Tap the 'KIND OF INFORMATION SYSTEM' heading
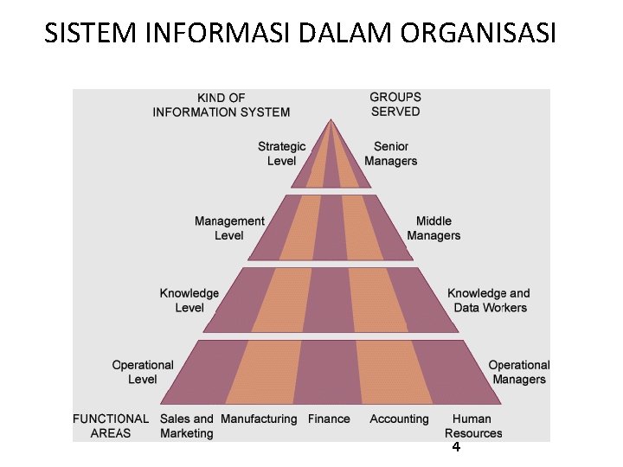222,105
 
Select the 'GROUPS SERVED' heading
395,105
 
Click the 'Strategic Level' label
281,154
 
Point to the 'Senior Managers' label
391,154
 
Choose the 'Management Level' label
229,228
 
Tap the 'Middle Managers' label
434,228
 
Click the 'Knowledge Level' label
189,301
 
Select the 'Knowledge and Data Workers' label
489,301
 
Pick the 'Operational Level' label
143,372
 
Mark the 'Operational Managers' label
519,372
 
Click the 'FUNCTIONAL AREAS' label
111,425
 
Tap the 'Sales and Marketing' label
186,425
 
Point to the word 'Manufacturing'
259,419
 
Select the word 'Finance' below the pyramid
329,419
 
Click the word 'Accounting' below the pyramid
399,419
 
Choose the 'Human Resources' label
473,425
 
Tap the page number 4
456,448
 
